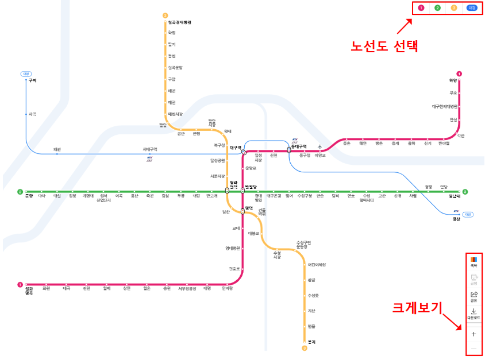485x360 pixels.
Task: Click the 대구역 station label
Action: coord(235,148)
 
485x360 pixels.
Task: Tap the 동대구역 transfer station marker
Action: coord(289,150)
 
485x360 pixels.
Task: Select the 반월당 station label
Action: coord(251,187)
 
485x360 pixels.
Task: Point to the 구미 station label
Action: coord(32,81)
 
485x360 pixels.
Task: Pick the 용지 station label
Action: coord(312,342)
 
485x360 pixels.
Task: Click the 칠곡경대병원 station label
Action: coord(179,22)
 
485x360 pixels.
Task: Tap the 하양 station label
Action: coord(453,80)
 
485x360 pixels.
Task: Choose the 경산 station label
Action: coord(456,219)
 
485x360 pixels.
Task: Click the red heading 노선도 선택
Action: coord(384,45)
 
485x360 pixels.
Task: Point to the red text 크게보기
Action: coord(417,308)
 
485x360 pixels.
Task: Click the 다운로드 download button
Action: coord(474,313)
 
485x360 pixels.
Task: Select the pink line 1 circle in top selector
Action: coord(421,8)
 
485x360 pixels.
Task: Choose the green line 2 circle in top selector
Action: coord(438,8)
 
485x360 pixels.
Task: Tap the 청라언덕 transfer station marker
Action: coord(227,191)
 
